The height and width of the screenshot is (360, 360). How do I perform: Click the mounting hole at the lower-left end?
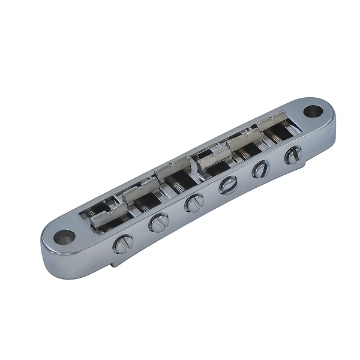click(64, 236)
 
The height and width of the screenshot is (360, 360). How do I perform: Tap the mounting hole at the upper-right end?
click(313, 111)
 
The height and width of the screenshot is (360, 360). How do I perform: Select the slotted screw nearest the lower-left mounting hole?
click(122, 244)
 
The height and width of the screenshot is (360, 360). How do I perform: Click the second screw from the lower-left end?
click(158, 224)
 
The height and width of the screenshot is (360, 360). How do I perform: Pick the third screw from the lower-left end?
click(194, 203)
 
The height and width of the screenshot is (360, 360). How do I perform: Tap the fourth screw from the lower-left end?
click(228, 185)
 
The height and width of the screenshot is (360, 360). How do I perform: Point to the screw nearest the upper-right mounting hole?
click(293, 154)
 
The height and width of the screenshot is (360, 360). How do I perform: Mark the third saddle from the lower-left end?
click(173, 174)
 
